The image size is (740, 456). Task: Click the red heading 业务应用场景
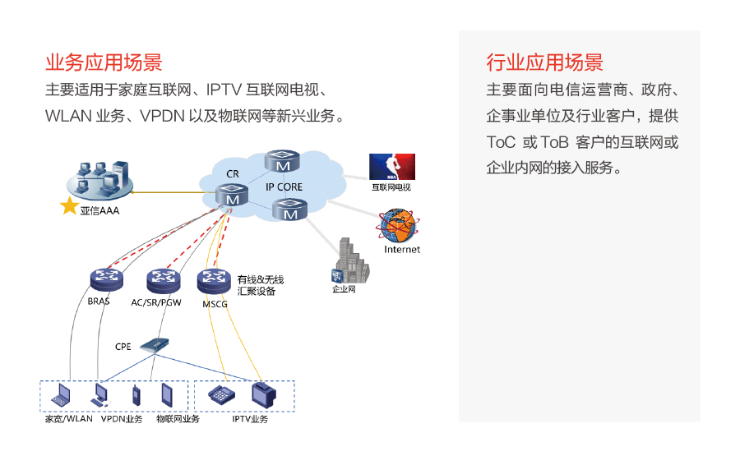104,63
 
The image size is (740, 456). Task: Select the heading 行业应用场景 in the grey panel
545,63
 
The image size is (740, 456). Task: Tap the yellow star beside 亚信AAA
69,205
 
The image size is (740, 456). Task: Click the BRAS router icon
104,279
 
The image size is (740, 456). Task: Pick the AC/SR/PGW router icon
163,281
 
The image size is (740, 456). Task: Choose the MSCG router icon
215,281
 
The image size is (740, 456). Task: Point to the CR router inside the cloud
232,196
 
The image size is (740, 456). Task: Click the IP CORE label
284,187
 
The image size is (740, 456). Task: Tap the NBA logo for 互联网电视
391,167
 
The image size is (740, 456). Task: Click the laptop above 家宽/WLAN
62,398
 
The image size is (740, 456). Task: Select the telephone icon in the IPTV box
220,394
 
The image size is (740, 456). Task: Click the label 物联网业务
178,420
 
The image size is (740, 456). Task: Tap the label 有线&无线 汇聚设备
260,285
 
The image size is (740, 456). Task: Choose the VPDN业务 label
122,420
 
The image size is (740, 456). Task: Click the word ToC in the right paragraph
501,142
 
